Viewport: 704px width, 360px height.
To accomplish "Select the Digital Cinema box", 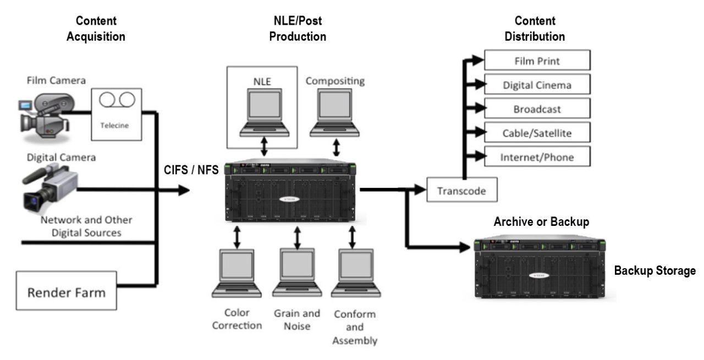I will tap(537, 85).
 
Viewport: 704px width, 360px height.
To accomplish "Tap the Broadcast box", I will tap(537, 109).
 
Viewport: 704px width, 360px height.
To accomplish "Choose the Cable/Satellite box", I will tap(537, 132).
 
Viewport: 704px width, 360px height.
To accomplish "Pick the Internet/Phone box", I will tap(537, 157).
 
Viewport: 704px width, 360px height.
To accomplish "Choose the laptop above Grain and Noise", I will tap(297, 274).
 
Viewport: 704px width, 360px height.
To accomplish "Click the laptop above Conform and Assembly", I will tap(355, 274).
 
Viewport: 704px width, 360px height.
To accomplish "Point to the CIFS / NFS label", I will tap(191, 171).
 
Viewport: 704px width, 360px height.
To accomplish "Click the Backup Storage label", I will tap(655, 271).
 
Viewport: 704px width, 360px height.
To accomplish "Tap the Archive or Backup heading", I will tap(541, 222).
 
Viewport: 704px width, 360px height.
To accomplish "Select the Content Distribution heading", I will tap(540, 29).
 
